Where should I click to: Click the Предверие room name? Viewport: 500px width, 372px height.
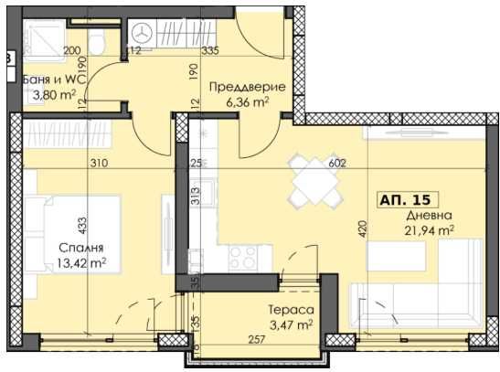click(x=247, y=87)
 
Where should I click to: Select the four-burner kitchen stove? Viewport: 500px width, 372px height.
click(x=245, y=255)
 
